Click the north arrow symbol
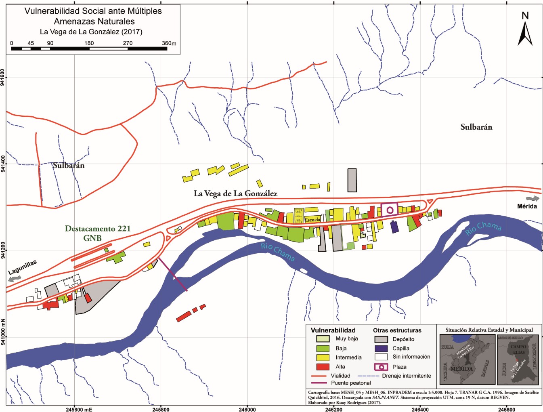tap(525, 32)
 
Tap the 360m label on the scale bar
tap(169, 43)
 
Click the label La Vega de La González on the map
tap(235, 193)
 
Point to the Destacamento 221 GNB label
tap(98, 233)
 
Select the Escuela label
tap(312, 220)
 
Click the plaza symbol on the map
tap(390, 210)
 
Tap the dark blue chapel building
tap(394, 227)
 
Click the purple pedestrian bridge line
tap(172, 274)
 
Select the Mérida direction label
tap(527, 206)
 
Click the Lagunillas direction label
tap(23, 267)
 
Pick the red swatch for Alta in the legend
tap(323, 367)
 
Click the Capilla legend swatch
tap(381, 348)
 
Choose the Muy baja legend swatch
tap(323, 338)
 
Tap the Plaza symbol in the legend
tap(381, 367)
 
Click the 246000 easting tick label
tap(247, 409)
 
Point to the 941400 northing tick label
tap(3, 164)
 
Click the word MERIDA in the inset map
tap(461, 369)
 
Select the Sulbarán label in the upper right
tap(476, 127)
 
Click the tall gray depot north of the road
tap(352, 180)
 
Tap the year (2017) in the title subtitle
tap(132, 32)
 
